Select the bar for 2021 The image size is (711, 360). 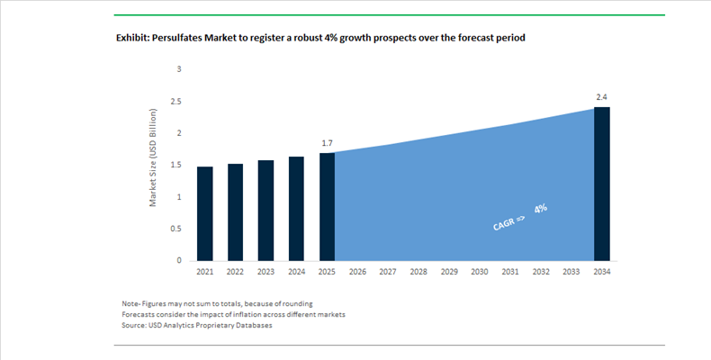click(205, 213)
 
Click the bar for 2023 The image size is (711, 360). click(266, 211)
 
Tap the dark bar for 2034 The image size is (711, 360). click(602, 184)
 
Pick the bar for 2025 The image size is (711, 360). click(328, 207)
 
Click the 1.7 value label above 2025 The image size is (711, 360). click(328, 143)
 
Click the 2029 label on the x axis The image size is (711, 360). click(449, 272)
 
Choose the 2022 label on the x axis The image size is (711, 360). click(236, 272)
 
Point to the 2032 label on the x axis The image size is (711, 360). click(541, 272)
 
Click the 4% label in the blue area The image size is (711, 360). click(541, 208)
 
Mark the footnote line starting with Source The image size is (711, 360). click(196, 325)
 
